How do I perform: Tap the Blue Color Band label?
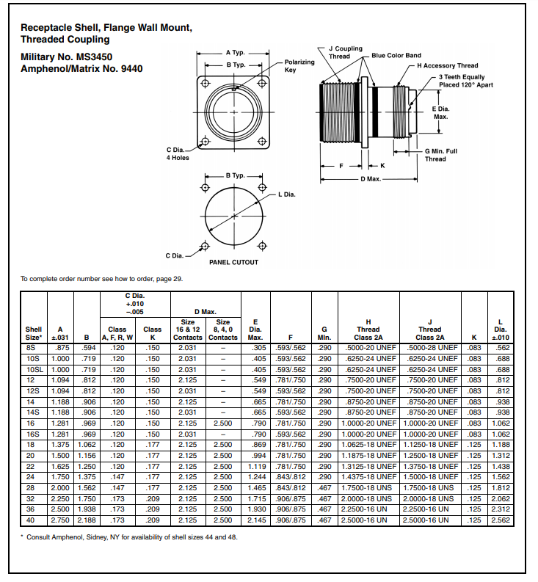396,55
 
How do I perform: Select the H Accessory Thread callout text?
447,66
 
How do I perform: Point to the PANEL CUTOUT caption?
233,262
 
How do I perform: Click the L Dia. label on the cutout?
287,194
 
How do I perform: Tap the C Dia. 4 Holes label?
178,153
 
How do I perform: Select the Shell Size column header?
34,333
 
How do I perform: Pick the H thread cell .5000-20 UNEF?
368,347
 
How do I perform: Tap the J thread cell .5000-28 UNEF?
430,347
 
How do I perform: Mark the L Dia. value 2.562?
501,520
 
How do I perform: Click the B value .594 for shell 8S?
86,347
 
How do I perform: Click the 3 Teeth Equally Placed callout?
465,81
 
